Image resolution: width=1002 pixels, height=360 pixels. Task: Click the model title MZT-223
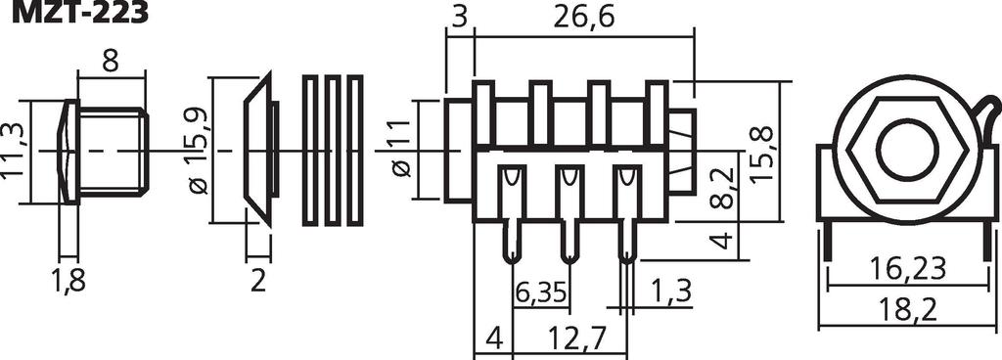(80, 12)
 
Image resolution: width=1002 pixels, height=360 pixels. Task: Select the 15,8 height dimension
(760, 156)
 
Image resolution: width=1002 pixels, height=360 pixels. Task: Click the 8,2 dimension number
(722, 188)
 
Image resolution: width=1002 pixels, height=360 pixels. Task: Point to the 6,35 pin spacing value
(540, 292)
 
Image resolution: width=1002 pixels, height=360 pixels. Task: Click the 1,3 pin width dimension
(671, 292)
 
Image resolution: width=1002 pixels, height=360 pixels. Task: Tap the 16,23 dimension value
(907, 269)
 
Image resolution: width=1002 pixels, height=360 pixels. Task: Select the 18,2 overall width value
(907, 310)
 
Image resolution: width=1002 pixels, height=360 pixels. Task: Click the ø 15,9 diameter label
(198, 151)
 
